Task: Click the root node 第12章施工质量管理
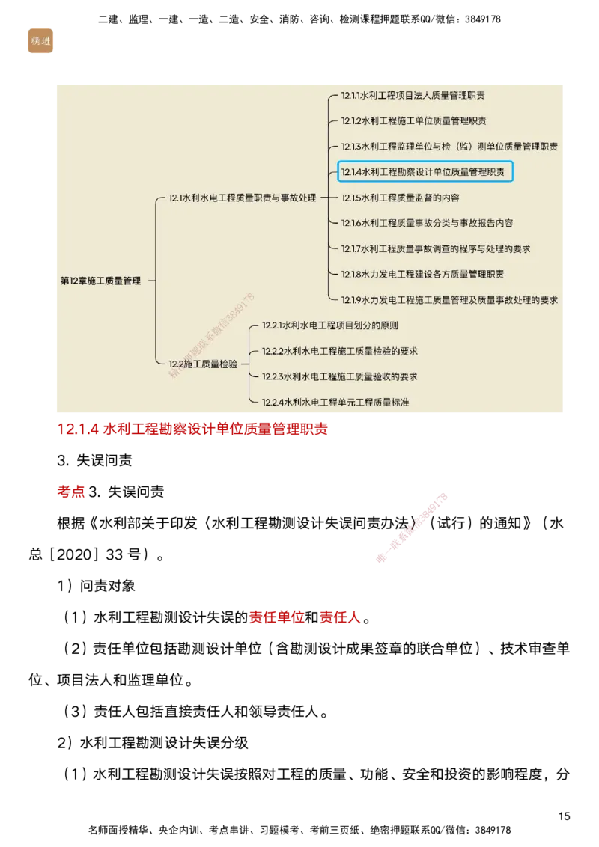tap(100, 281)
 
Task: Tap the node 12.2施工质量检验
tap(202, 364)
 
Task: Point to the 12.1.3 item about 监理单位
tap(449, 147)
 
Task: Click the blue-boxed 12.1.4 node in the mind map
tap(425, 172)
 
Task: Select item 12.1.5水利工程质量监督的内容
tap(400, 198)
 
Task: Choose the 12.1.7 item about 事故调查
tap(436, 249)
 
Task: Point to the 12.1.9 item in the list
tap(449, 300)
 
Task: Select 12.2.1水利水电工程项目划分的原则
tap(329, 325)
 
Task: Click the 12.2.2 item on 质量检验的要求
tap(339, 351)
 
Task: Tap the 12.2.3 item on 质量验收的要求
tap(339, 376)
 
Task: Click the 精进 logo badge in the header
tap(40, 40)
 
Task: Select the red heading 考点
tap(72, 492)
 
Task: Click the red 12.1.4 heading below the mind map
tap(193, 429)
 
